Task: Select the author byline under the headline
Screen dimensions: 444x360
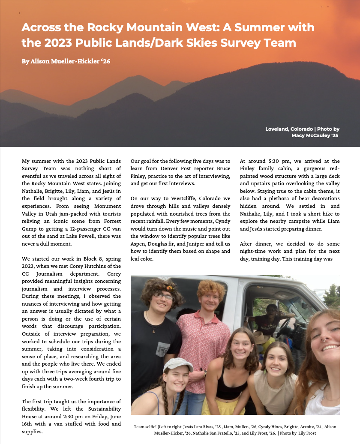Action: [x=66, y=61]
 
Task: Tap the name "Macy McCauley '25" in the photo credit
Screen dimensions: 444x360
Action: [x=315, y=135]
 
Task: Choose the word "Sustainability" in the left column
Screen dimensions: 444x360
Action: [x=103, y=409]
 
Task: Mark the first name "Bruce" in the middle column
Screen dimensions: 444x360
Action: [x=222, y=168]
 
